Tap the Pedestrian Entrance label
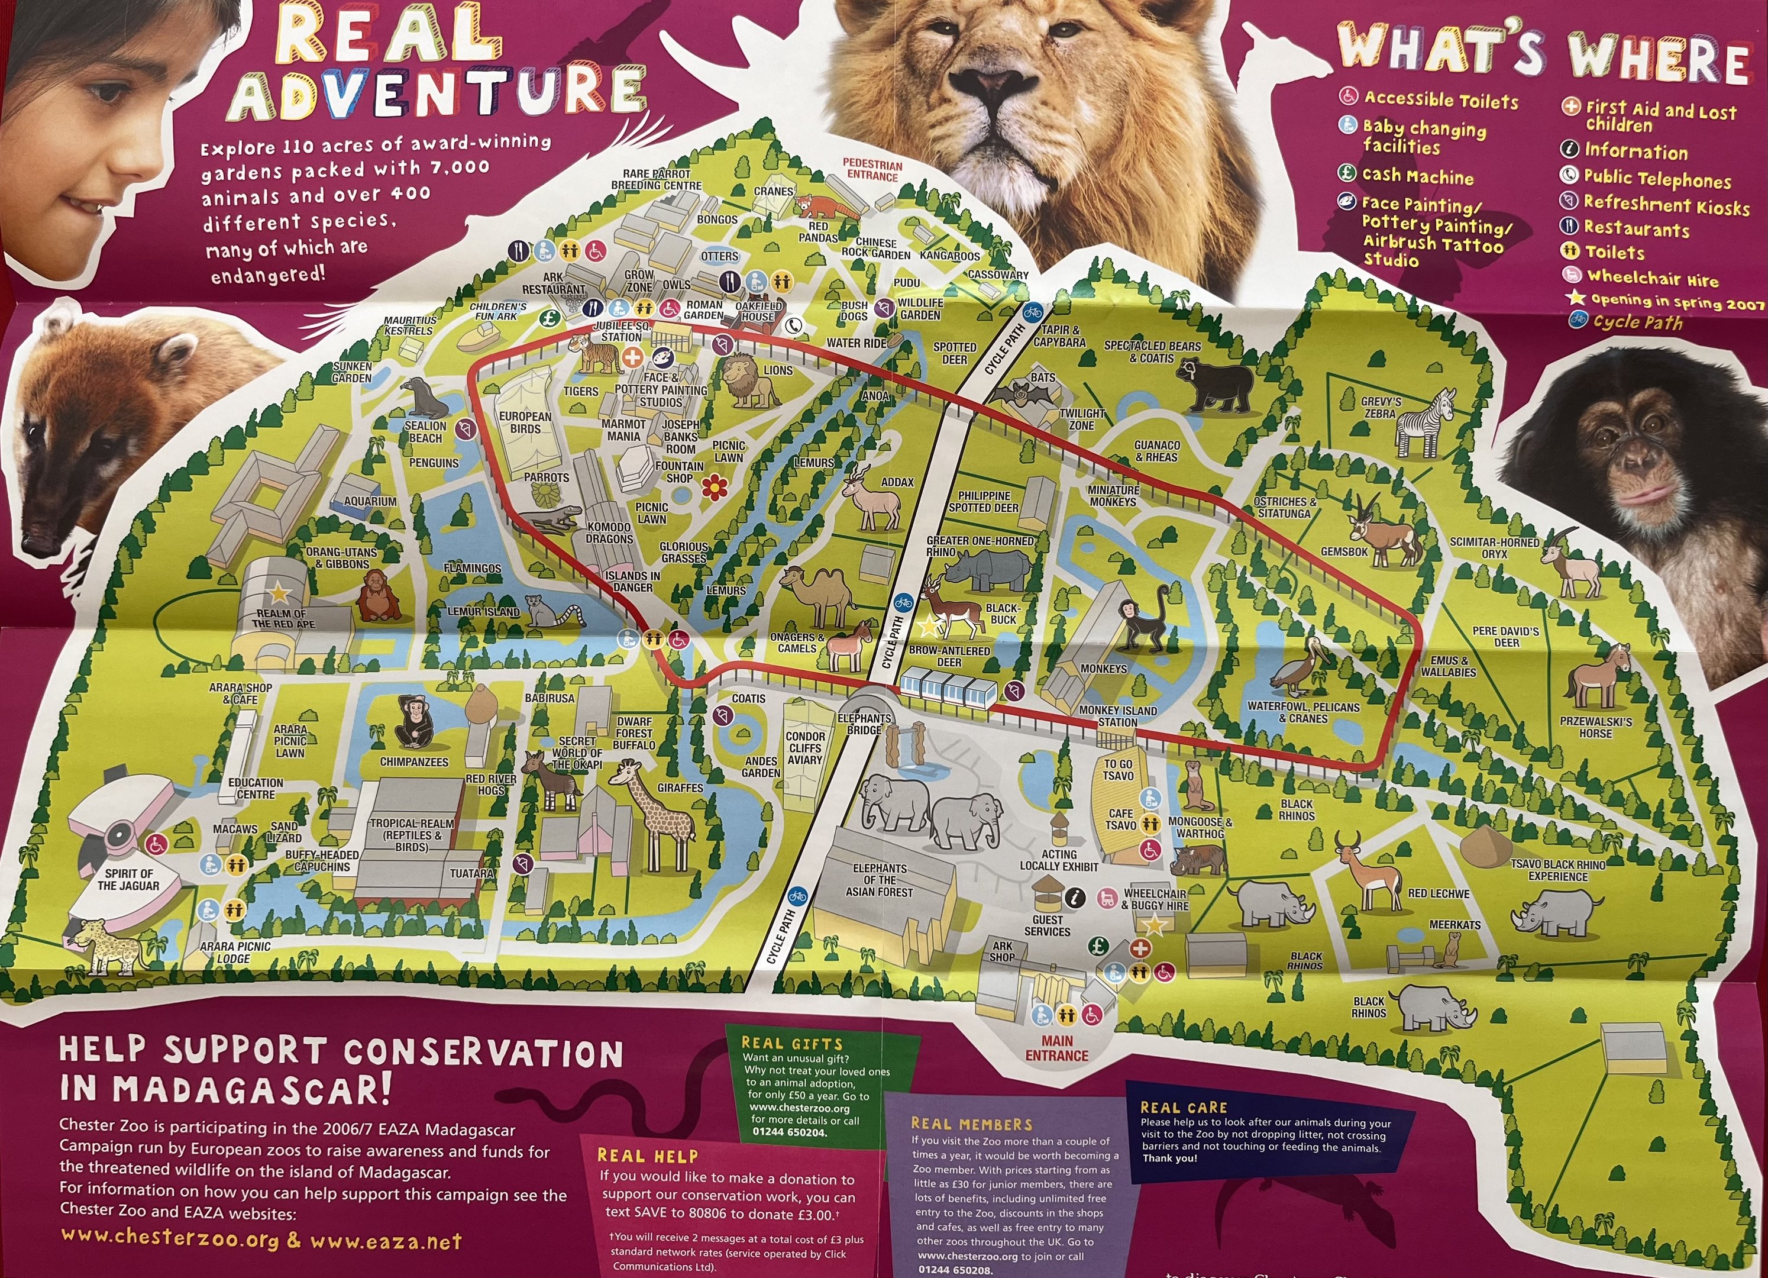872,170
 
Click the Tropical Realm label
412,835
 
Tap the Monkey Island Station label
1117,716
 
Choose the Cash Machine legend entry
1417,177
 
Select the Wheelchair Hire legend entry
1651,277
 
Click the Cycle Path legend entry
1637,321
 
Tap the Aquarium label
370,501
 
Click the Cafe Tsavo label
1121,819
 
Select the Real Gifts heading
791,1043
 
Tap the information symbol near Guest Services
1075,898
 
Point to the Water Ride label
856,343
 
